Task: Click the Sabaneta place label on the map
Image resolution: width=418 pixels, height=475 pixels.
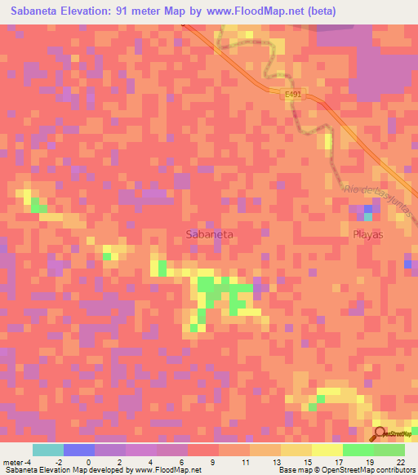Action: tap(210, 233)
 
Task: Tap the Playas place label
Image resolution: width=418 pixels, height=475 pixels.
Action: tap(367, 233)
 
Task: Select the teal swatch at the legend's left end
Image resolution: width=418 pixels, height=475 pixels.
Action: tap(48, 450)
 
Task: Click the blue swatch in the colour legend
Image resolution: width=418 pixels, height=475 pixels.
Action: tap(79, 450)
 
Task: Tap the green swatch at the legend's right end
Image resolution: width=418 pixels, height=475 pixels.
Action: tap(389, 450)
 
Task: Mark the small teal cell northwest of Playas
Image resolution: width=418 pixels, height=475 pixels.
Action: tap(367, 215)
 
